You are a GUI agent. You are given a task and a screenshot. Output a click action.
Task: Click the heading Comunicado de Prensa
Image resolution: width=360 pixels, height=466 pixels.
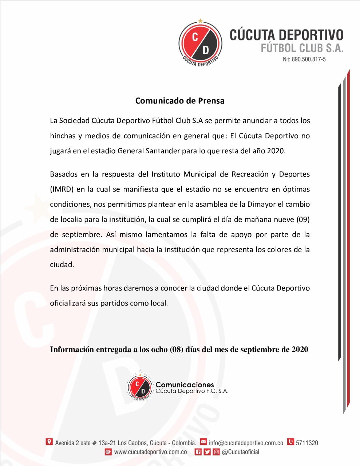pos(180,101)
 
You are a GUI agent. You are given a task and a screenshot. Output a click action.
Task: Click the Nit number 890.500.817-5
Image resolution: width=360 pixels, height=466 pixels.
pos(304,59)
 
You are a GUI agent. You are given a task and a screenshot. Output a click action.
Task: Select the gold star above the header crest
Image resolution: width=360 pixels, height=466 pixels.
pos(200,21)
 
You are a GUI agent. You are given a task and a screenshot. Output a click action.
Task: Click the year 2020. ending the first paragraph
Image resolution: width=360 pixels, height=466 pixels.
pos(276,151)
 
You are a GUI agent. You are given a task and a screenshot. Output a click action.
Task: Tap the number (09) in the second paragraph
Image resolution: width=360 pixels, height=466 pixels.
pos(301,220)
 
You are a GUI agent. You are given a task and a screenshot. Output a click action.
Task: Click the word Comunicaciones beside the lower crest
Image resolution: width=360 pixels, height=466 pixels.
pos(185,385)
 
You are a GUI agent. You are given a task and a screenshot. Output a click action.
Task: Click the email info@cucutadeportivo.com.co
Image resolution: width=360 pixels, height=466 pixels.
pos(246,443)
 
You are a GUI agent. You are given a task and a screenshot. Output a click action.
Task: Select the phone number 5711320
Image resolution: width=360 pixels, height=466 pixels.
pos(307,443)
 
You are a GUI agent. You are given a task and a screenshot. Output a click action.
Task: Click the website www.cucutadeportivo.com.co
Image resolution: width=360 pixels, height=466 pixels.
pos(150,452)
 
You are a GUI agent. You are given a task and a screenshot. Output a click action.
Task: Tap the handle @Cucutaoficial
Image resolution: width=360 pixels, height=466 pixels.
pos(240,452)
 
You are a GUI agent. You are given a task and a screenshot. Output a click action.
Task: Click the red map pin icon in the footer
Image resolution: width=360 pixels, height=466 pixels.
pos(49,442)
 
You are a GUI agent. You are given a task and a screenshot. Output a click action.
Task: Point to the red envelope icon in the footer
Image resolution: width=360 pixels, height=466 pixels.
pos(203,442)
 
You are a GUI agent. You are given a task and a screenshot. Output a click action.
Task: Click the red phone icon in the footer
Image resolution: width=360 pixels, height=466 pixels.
pos(290,442)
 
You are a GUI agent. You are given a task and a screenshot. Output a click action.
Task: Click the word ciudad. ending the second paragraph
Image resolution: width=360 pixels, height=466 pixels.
pos(62,265)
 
